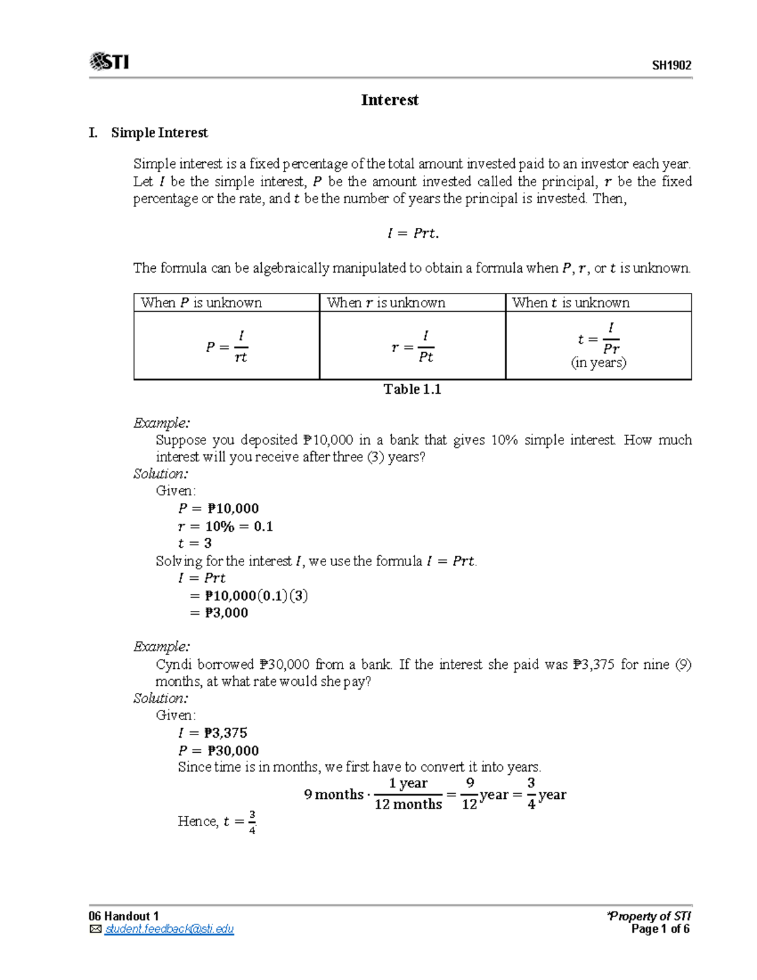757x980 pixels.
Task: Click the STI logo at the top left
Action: (109, 62)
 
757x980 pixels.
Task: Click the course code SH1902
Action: (671, 66)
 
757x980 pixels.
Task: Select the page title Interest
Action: (389, 100)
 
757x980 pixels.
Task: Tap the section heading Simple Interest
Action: (159, 133)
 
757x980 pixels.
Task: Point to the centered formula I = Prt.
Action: (413, 233)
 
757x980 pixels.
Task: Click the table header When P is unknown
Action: (201, 303)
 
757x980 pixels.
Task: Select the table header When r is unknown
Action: (385, 303)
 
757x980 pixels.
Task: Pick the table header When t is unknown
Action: (570, 303)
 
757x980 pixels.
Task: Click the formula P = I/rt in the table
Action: (227, 346)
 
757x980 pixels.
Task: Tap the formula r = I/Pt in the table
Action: (413, 346)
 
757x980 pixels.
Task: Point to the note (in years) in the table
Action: (599, 363)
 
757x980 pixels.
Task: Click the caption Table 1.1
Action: (412, 389)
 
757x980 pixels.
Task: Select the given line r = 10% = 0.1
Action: (225, 526)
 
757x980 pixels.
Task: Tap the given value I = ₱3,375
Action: (213, 733)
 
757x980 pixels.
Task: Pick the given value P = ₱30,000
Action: (218, 750)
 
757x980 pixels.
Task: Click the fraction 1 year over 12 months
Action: (408, 794)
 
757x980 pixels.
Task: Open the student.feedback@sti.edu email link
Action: (169, 930)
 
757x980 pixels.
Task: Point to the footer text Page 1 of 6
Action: (660, 930)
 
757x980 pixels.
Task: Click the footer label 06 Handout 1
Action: (124, 916)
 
